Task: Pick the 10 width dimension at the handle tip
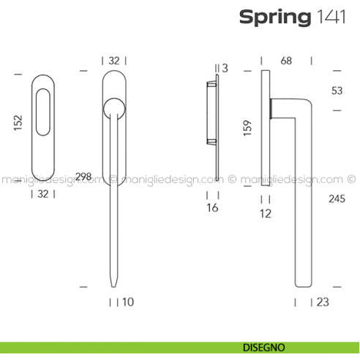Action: click(x=129, y=301)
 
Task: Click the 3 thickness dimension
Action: click(x=225, y=68)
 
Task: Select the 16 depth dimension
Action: click(x=212, y=209)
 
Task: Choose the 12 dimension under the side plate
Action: click(x=265, y=214)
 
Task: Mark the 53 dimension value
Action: click(x=336, y=91)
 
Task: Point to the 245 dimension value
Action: click(x=337, y=198)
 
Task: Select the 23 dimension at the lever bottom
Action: click(x=323, y=301)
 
